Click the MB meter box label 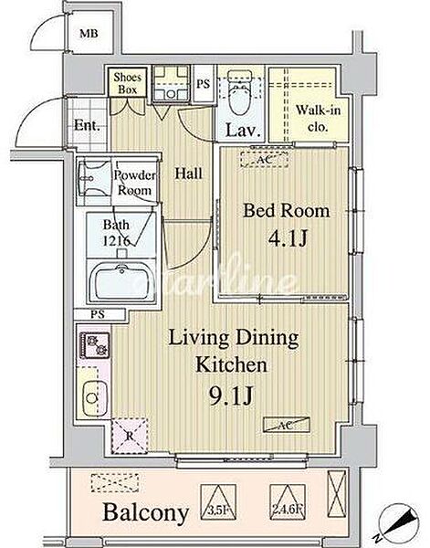pos(89,34)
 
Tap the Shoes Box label pos(128,83)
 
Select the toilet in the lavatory pos(239,91)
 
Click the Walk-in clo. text pos(319,118)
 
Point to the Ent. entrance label pos(87,125)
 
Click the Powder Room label pos(134,183)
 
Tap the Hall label pos(189,174)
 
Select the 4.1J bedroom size pos(288,238)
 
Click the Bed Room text pos(287,211)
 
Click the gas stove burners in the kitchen pos(95,344)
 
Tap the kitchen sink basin pos(95,398)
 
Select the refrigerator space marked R pos(130,436)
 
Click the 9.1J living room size pos(231,396)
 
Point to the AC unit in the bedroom pos(264,160)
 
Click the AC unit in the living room pos(287,425)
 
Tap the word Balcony pos(146,513)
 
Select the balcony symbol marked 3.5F pos(217,501)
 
